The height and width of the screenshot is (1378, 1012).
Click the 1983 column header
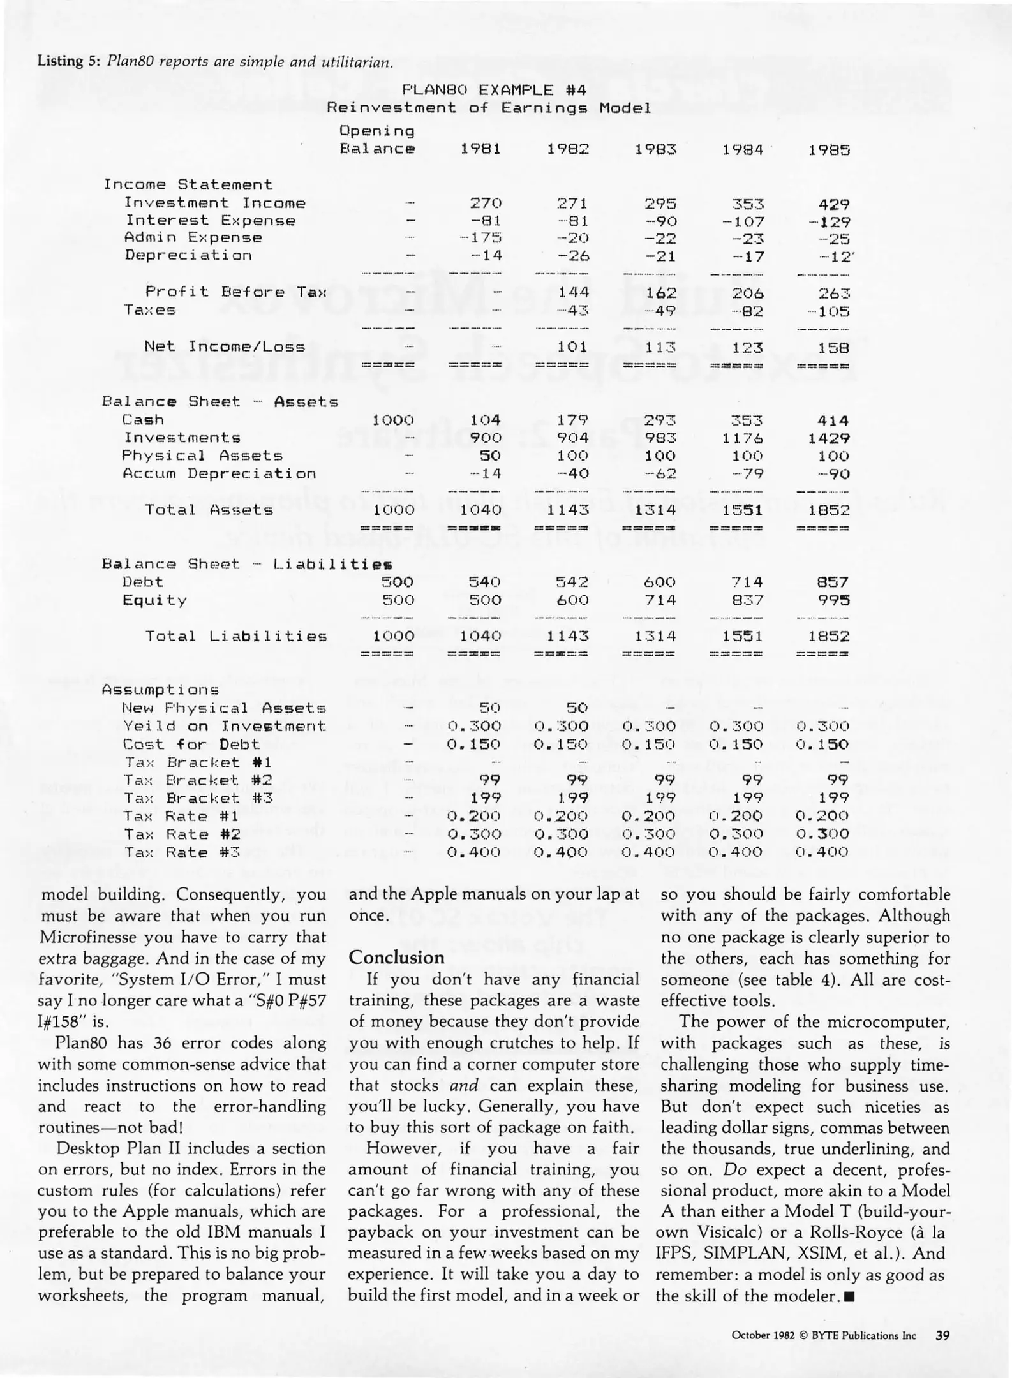[x=655, y=150]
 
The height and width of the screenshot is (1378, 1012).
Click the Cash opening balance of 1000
[x=393, y=420]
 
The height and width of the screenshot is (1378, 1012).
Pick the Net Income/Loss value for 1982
[x=572, y=347]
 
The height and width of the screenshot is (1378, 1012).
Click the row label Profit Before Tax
[x=235, y=292]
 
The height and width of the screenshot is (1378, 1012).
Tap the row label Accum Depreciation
[x=219, y=474]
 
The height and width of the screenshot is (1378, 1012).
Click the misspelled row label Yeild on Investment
[x=224, y=727]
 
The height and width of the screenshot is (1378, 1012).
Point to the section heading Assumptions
[x=160, y=690]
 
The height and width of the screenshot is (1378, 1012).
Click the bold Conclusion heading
[x=396, y=958]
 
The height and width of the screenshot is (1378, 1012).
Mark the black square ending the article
[x=848, y=1296]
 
